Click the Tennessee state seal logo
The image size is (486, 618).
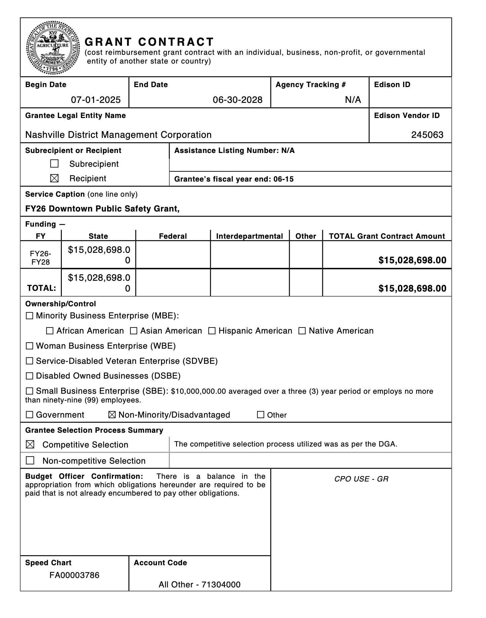(x=53, y=47)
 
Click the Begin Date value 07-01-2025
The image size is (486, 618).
(x=96, y=100)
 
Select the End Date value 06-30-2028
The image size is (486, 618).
(x=238, y=100)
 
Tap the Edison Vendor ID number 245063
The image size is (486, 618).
(x=427, y=135)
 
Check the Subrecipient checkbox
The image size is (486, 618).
(x=54, y=164)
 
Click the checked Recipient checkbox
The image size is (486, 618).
(x=54, y=179)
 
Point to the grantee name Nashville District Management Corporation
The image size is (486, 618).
(x=118, y=135)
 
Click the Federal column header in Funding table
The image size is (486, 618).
(x=173, y=236)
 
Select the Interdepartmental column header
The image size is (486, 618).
(x=249, y=236)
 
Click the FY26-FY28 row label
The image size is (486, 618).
(x=41, y=258)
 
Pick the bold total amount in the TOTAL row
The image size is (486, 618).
(x=412, y=288)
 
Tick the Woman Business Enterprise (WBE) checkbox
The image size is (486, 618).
(x=30, y=346)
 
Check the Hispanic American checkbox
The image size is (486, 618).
(x=212, y=331)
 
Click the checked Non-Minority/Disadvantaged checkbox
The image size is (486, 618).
(x=112, y=415)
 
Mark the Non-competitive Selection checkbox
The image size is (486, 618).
(x=30, y=460)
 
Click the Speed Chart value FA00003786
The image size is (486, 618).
(x=74, y=575)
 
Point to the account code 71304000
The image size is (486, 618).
(x=221, y=585)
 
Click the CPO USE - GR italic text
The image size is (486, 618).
(x=361, y=479)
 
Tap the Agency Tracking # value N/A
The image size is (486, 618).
(x=353, y=100)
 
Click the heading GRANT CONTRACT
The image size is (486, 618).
(x=149, y=42)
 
